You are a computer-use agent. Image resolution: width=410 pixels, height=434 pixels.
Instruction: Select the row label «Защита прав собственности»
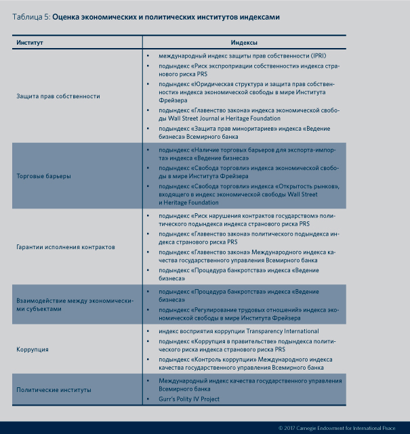(58, 96)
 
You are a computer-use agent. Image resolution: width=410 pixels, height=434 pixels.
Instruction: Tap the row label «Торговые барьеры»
(44, 176)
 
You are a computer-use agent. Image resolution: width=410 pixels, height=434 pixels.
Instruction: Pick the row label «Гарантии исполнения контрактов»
(66, 247)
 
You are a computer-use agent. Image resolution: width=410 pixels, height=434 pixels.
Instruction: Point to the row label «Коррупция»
(33, 349)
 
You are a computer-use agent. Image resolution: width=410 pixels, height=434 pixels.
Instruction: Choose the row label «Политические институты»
(54, 391)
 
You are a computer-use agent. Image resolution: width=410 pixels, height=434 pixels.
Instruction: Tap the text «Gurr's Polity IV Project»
(192, 400)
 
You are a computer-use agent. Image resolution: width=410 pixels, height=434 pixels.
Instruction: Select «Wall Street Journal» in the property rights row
(200, 117)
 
